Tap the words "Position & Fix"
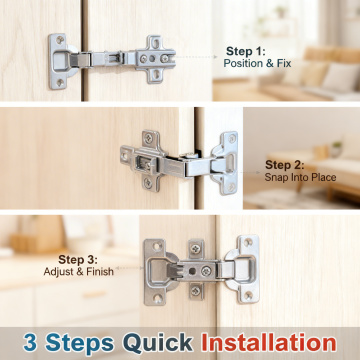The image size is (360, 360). pyautogui.click(x=257, y=63)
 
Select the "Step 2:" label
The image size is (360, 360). pyautogui.click(x=285, y=165)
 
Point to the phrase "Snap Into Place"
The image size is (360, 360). pyautogui.click(x=300, y=177)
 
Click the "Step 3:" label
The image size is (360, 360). pyautogui.click(x=78, y=260)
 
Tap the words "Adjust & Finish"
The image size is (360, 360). pyautogui.click(x=79, y=271)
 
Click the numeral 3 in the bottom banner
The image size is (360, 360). pyautogui.click(x=30, y=342)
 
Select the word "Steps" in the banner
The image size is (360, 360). pyautogui.click(x=79, y=343)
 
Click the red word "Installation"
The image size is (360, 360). pyautogui.click(x=269, y=342)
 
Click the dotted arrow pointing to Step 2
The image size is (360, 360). pyautogui.click(x=249, y=172)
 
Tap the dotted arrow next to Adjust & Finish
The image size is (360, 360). pyautogui.click(x=129, y=268)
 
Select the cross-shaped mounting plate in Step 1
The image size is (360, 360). pyautogui.click(x=156, y=59)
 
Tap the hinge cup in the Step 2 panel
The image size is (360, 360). pyautogui.click(x=224, y=163)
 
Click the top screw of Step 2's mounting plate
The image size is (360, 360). pyautogui.click(x=148, y=138)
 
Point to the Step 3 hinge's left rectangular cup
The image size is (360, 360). pyautogui.click(x=157, y=272)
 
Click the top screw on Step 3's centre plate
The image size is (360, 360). pyautogui.click(x=195, y=248)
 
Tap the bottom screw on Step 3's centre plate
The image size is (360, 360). pyautogui.click(x=195, y=291)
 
